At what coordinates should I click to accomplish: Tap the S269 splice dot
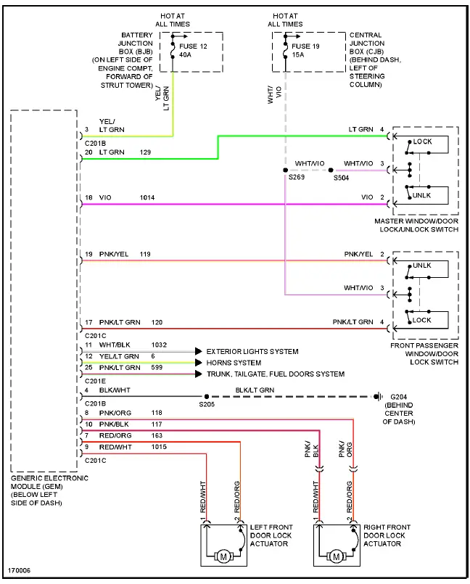285,170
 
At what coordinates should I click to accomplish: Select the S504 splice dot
331,170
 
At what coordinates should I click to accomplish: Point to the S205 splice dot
207,397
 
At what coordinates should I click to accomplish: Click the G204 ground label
400,396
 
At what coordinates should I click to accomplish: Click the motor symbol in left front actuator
223,556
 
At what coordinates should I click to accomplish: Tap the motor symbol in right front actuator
337,556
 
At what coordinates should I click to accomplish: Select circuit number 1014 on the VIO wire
147,198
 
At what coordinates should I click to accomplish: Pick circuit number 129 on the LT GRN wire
145,152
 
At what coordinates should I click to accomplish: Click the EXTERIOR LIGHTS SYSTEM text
252,352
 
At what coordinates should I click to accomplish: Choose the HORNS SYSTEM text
234,363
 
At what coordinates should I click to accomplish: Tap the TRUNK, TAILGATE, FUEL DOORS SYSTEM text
276,374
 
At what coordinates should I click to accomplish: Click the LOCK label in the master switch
422,141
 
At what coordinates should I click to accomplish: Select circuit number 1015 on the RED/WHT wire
158,447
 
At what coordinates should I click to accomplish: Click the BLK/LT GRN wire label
255,390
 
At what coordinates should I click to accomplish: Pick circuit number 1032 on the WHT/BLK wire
159,345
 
